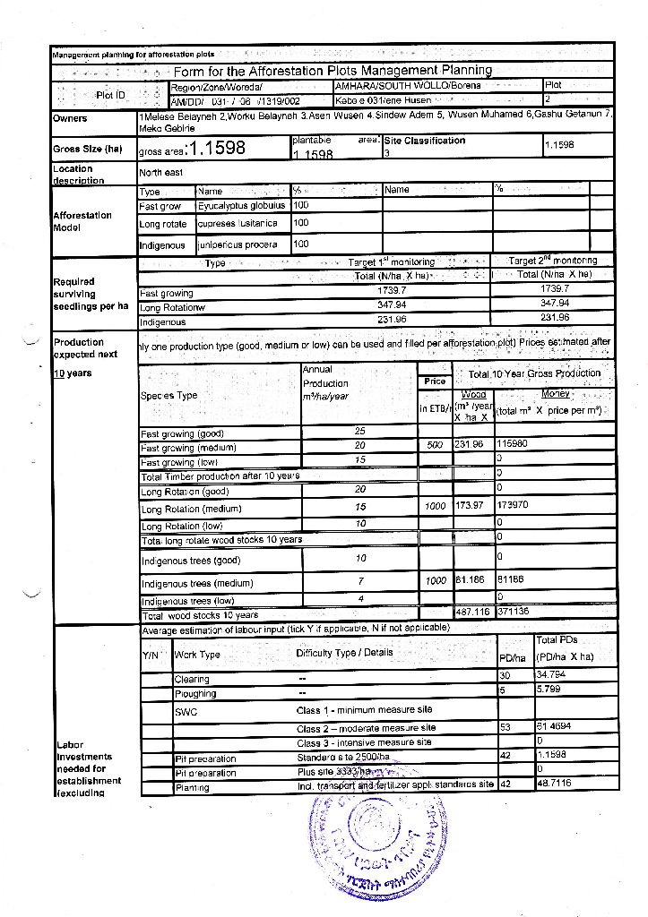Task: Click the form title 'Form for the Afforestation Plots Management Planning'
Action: click(333, 71)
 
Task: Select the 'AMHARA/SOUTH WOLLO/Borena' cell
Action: click(407, 86)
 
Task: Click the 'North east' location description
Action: click(161, 173)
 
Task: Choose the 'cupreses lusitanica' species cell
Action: click(238, 224)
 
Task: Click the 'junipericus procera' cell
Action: click(238, 244)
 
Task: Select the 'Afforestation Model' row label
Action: click(82, 220)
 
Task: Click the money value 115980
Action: click(512, 444)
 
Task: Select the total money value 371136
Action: click(512, 613)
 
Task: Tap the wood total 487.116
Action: click(472, 613)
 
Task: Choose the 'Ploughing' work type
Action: click(195, 693)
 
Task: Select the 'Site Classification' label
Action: click(425, 141)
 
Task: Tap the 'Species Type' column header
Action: click(168, 395)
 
